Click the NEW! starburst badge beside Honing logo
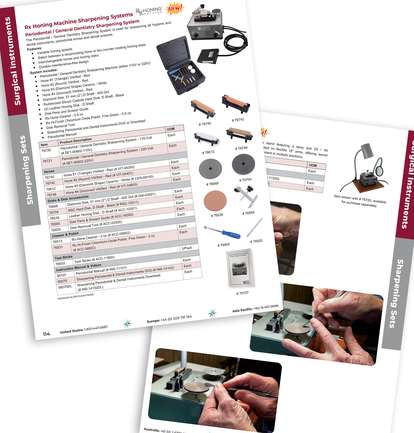(175, 9)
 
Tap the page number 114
(46, 334)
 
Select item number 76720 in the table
(46, 150)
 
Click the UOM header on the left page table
(171, 129)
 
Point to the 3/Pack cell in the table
(187, 248)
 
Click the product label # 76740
(205, 124)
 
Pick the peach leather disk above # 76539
(215, 201)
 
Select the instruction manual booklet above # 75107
(240, 268)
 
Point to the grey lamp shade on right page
(367, 151)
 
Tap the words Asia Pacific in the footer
(242, 310)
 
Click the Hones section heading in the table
(49, 171)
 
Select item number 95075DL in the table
(65, 287)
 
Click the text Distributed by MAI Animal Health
(76, 296)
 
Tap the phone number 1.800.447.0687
(95, 328)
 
